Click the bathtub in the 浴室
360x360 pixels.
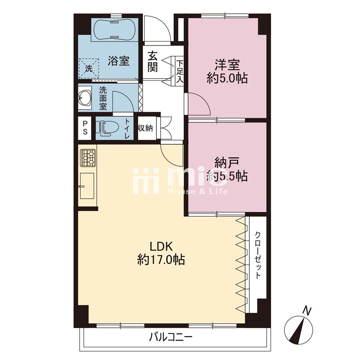click(115, 30)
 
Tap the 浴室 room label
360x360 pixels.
click(119, 61)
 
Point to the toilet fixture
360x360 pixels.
click(107, 128)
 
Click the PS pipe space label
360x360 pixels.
click(85, 128)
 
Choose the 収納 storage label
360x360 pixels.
click(145, 128)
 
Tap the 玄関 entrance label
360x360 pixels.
click(152, 62)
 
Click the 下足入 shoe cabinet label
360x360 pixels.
click(180, 72)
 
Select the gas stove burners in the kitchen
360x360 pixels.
click(88, 158)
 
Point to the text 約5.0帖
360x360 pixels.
click(227, 78)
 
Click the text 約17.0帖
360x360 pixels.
click(161, 260)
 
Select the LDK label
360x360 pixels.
click(161, 246)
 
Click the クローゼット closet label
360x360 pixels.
click(258, 255)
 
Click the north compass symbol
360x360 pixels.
click(298, 330)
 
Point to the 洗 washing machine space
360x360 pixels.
click(89, 68)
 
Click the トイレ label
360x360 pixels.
click(127, 129)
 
